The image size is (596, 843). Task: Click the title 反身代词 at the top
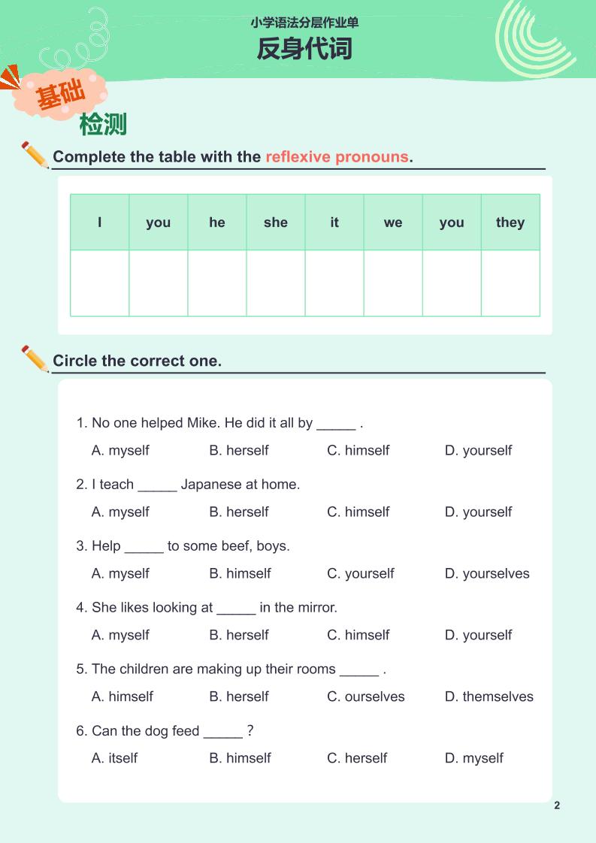click(304, 50)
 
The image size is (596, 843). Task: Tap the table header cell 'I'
click(100, 222)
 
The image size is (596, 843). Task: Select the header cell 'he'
click(217, 222)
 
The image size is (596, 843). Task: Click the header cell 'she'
click(276, 222)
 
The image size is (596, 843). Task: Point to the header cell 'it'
click(334, 222)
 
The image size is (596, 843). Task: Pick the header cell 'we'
click(393, 222)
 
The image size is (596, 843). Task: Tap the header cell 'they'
click(510, 222)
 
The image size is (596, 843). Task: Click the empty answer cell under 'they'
click(510, 283)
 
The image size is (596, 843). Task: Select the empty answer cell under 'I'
click(100, 283)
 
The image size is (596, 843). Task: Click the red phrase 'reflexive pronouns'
click(337, 157)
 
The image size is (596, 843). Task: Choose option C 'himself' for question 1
click(359, 451)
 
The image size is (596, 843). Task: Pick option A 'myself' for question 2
click(120, 512)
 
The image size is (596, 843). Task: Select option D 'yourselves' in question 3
click(487, 574)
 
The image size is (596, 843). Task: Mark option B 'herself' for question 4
click(239, 636)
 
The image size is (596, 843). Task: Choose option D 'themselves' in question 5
click(489, 697)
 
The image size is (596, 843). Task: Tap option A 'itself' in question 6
click(114, 759)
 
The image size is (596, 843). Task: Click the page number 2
click(557, 806)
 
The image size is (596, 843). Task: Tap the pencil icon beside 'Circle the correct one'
click(35, 358)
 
